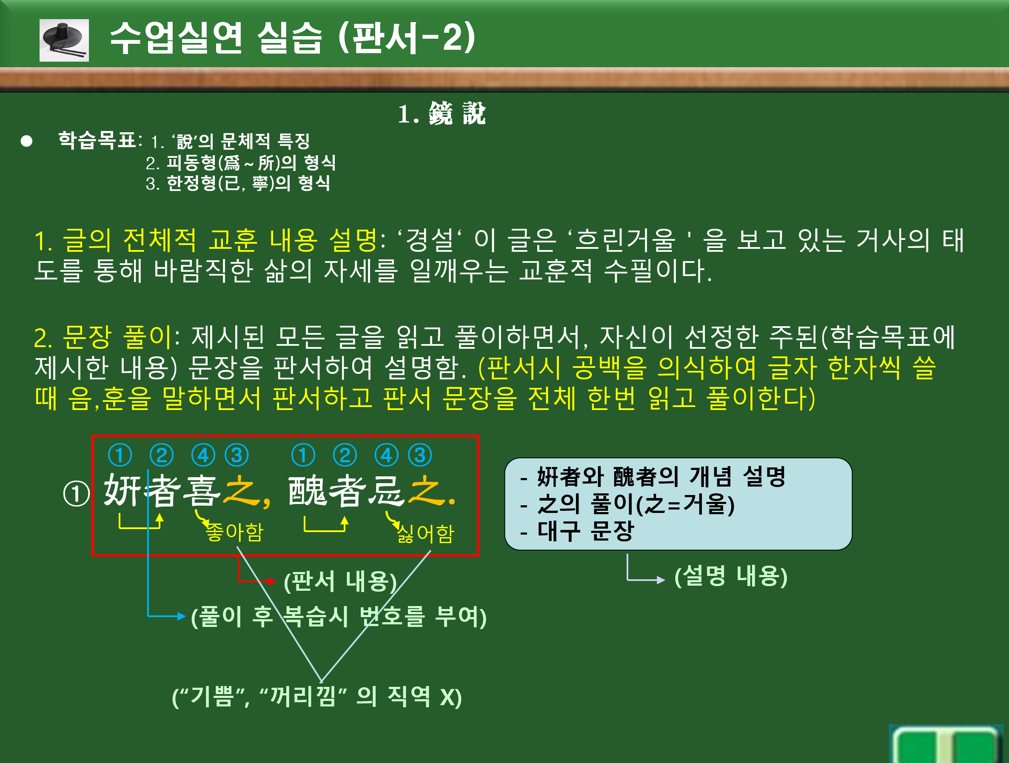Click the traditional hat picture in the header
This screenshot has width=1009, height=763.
point(64,40)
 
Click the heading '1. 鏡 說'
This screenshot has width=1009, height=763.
point(442,114)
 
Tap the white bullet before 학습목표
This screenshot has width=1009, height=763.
point(26,141)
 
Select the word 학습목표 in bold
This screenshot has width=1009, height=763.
point(97,140)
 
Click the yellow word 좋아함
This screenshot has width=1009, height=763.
point(234,532)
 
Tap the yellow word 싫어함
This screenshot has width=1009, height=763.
point(425,533)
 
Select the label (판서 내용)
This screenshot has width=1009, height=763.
point(340,581)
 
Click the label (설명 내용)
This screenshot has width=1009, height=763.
point(731,575)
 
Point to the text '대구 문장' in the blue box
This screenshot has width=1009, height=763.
point(586,531)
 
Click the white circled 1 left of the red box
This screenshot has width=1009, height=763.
point(77,494)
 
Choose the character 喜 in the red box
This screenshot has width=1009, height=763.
point(202,491)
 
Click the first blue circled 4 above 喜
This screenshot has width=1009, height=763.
point(203,455)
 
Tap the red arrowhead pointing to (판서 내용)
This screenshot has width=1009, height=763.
point(272,581)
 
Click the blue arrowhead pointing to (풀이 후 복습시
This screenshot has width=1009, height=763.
point(182,616)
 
